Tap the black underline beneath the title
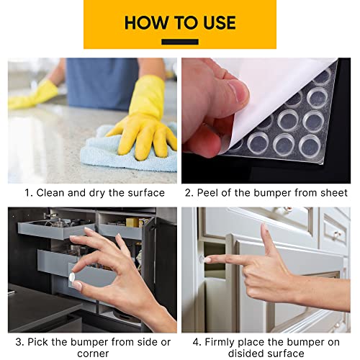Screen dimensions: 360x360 179,42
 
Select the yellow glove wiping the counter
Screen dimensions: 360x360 148,122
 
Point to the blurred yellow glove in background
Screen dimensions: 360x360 32,94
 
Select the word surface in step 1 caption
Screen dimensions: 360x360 143,193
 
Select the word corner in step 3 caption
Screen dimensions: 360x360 91,354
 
